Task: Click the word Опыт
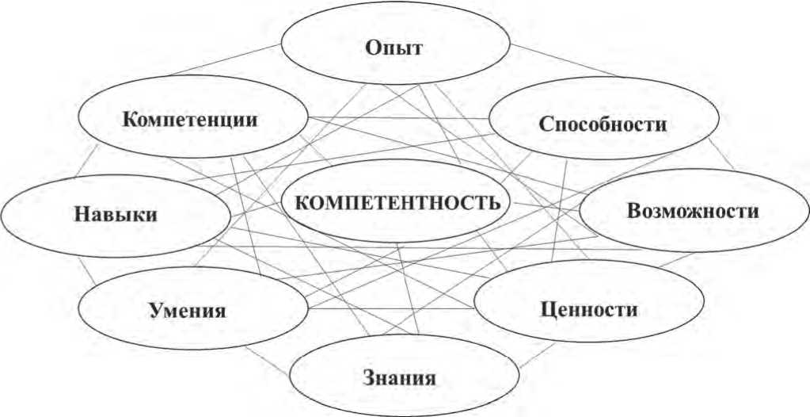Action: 394,48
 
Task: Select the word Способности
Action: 603,124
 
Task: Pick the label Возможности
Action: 693,212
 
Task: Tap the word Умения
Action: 187,309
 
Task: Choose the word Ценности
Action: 591,308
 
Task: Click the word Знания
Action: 399,377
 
